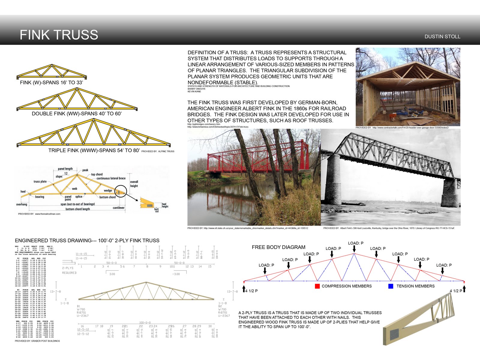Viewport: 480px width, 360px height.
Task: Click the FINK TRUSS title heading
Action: pos(59,35)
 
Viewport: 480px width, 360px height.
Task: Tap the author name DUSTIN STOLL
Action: pos(442,37)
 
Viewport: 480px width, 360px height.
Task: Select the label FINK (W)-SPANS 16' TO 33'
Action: pos(51,82)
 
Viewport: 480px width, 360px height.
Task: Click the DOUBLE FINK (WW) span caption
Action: pos(77,114)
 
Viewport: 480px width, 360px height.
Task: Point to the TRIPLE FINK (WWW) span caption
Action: pos(94,150)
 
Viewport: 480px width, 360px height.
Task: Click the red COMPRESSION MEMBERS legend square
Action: pos(317,286)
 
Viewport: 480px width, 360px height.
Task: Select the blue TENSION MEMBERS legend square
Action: pos(391,286)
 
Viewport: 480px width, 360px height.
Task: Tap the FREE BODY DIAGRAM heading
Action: pos(278,247)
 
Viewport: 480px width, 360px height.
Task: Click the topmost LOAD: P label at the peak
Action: pos(355,243)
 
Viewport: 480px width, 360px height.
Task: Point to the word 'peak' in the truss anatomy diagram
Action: pos(85,170)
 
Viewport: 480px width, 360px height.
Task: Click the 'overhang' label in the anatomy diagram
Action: pos(22,205)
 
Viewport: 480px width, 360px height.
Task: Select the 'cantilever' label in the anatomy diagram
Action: pos(118,208)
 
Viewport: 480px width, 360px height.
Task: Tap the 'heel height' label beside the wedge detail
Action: pos(165,205)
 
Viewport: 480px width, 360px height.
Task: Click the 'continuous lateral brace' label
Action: pos(111,178)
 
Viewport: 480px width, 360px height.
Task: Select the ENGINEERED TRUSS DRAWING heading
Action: pos(87,241)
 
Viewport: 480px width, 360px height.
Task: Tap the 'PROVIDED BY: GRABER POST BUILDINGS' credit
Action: pos(37,341)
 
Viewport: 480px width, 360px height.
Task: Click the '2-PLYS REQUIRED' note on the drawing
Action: pos(69,270)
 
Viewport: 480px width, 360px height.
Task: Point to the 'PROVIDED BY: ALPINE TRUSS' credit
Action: pos(158,151)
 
